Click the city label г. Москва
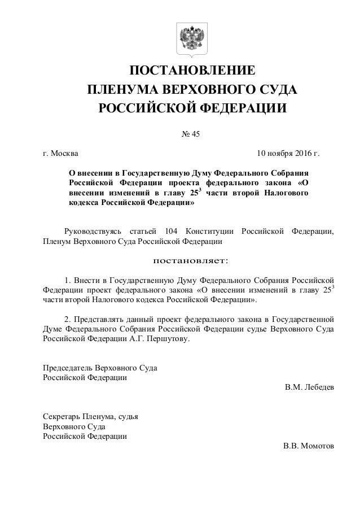point(62,153)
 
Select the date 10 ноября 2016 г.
point(288,153)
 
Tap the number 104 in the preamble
point(169,231)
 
